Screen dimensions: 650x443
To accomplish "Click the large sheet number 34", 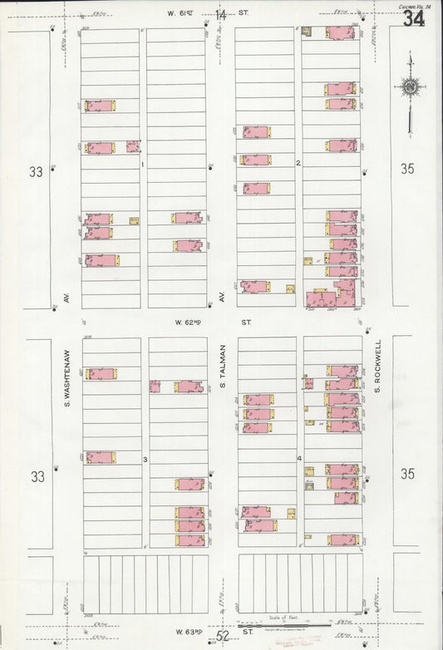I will [x=413, y=18].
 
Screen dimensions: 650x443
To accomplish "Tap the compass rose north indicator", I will [x=410, y=87].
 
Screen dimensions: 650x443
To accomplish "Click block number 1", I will [x=142, y=164].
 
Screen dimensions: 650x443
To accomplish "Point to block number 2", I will [x=298, y=163].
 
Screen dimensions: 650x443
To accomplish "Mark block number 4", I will [x=298, y=459].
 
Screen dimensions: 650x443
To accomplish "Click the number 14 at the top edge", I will [x=220, y=14].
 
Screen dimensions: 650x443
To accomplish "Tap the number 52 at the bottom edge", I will [x=222, y=636].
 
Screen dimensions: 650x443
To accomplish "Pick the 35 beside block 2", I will [x=406, y=169].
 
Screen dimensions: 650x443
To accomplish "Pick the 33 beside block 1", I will [x=35, y=172].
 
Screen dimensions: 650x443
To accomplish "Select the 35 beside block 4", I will [x=406, y=474].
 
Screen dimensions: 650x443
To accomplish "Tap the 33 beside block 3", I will [x=37, y=476].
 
